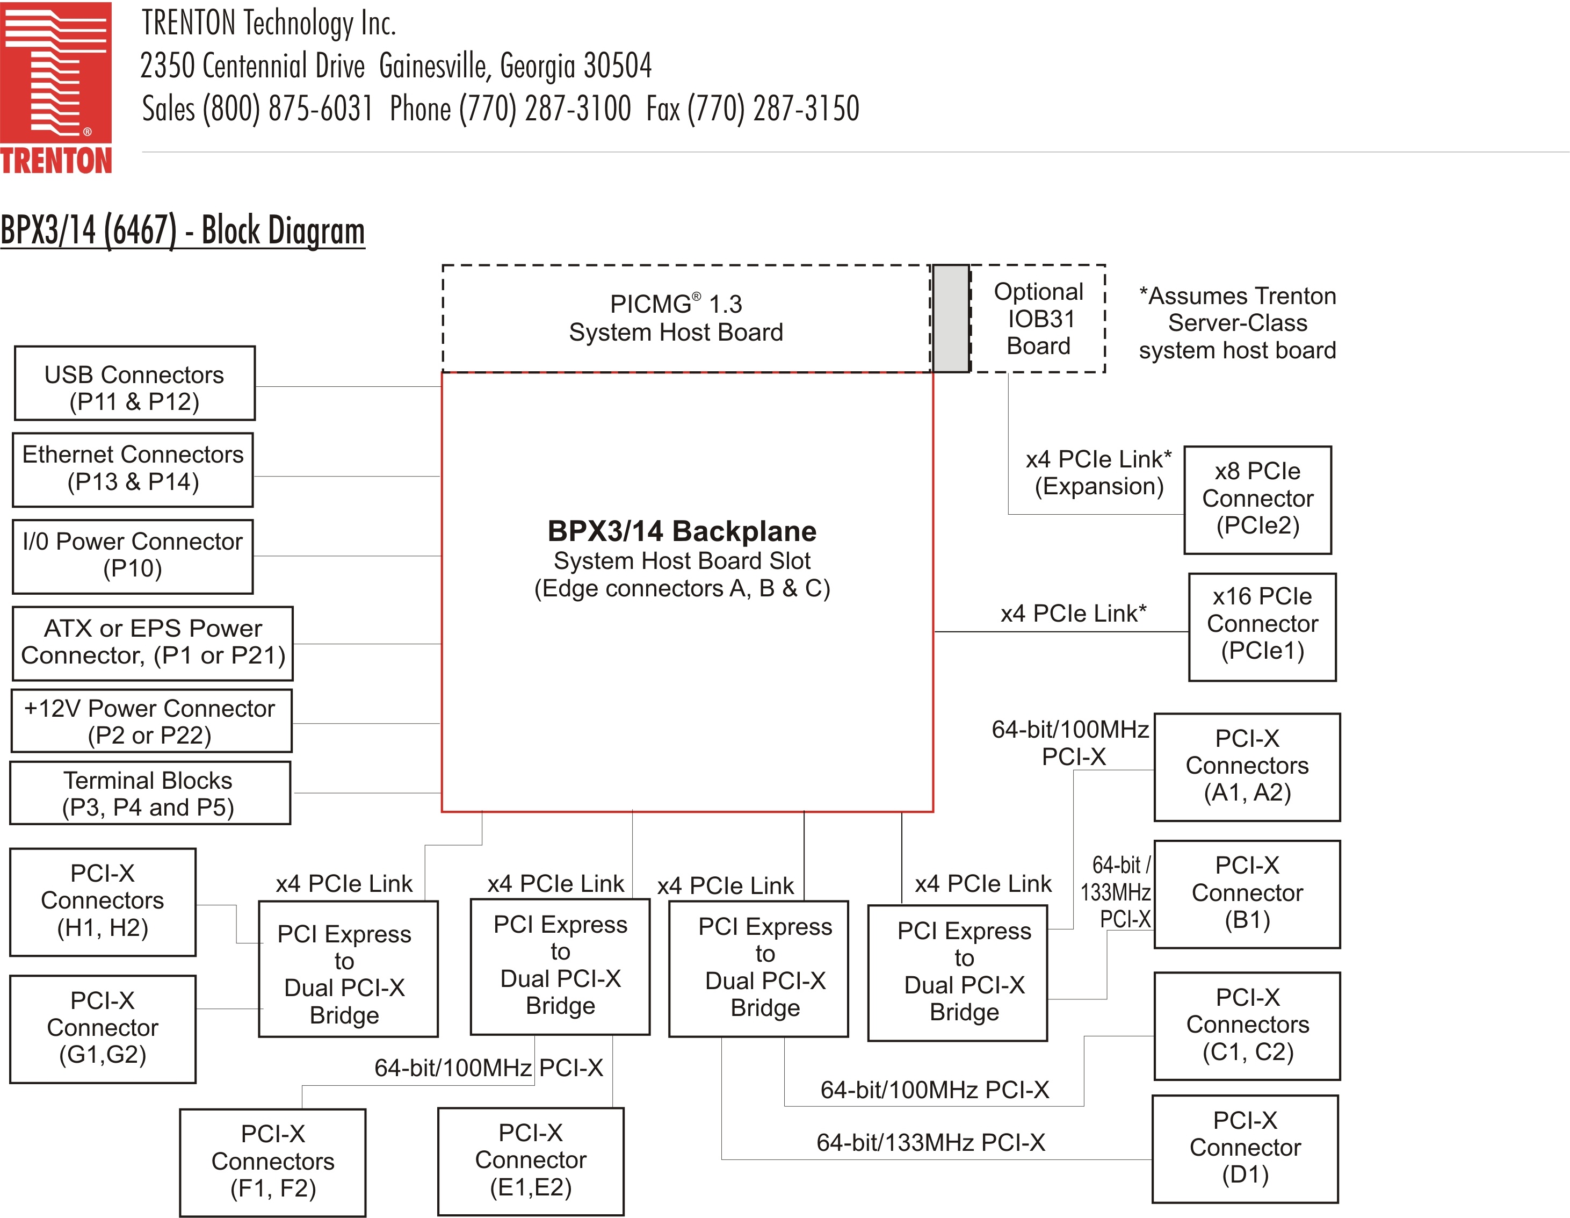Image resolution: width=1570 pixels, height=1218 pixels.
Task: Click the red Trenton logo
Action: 56,87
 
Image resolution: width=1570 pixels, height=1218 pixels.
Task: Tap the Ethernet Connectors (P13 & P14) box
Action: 133,470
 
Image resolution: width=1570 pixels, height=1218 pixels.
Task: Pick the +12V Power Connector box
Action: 151,721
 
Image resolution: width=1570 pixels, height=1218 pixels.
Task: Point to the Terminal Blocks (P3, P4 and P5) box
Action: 149,793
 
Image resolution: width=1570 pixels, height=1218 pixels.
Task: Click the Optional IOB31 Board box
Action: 1038,319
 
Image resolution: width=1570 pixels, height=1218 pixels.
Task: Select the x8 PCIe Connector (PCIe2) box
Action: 1257,500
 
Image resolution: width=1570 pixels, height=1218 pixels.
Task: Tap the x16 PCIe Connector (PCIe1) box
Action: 1262,626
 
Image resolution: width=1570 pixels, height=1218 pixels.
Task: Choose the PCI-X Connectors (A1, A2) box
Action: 1247,767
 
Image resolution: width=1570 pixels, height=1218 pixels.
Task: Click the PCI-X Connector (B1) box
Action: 1247,893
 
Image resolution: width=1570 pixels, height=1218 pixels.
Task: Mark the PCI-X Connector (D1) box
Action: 1245,1148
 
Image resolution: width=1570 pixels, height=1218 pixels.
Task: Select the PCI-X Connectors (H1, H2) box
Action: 103,902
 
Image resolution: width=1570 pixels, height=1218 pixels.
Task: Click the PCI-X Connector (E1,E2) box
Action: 531,1161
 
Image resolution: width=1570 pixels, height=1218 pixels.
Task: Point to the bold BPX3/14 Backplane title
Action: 682,531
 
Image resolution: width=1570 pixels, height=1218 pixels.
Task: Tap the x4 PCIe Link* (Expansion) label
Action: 1098,472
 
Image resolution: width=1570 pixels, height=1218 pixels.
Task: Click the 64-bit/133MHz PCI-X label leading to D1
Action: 930,1142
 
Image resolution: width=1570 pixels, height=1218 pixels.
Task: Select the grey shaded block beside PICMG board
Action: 950,319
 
